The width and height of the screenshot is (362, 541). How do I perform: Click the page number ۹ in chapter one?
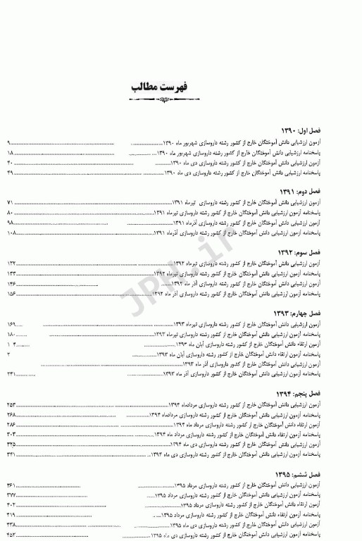pyautogui.click(x=9, y=143)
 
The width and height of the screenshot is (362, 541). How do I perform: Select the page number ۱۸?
pyautogui.click(x=11, y=153)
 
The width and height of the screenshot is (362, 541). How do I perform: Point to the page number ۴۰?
pyautogui.click(x=11, y=163)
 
